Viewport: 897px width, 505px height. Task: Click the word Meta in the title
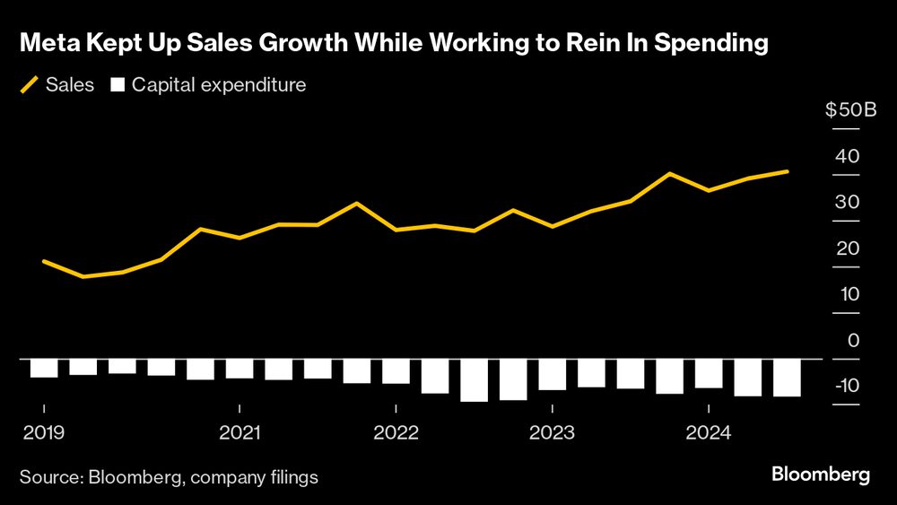click(x=48, y=44)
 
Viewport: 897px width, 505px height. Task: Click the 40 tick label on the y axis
click(x=847, y=156)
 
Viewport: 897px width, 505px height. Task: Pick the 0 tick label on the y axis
click(x=853, y=340)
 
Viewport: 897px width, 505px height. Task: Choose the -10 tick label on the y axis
click(x=846, y=386)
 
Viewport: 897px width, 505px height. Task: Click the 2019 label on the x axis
click(x=43, y=433)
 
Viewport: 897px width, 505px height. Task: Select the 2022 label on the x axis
click(x=396, y=433)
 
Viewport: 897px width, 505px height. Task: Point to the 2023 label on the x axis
click(x=552, y=433)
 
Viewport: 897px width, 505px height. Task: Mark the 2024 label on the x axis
click(x=709, y=433)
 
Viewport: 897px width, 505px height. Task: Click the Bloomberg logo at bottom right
click(x=821, y=475)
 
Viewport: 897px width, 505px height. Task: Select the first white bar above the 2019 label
click(x=44, y=368)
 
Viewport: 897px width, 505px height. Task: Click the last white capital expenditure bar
click(x=787, y=378)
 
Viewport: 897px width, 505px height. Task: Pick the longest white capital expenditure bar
click(x=474, y=380)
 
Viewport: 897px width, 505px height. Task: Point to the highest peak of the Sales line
click(x=670, y=173)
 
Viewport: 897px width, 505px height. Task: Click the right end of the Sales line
click(x=788, y=171)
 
